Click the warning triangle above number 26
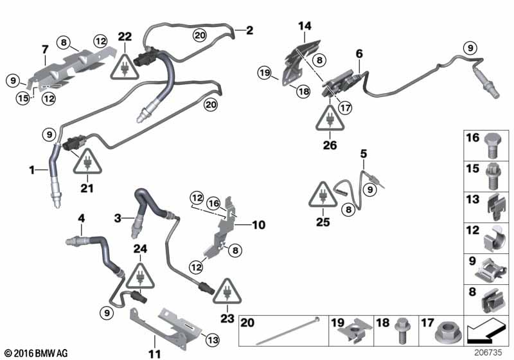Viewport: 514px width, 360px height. pyautogui.click(x=330, y=118)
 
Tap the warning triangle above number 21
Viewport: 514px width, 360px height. pyautogui.click(x=87, y=161)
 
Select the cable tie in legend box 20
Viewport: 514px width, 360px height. pyautogui.click(x=287, y=331)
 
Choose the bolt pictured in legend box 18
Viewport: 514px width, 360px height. pyautogui.click(x=402, y=330)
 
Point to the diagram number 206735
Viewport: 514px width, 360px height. pyautogui.click(x=488, y=353)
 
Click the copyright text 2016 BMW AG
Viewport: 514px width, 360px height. pyautogui.click(x=36, y=353)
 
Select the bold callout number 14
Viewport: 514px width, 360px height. pyautogui.click(x=305, y=26)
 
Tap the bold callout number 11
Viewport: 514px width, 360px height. pyautogui.click(x=155, y=354)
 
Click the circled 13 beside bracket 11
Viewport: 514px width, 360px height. pyautogui.click(x=213, y=340)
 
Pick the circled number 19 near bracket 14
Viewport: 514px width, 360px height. pyautogui.click(x=265, y=73)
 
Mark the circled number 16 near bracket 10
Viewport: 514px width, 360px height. pyautogui.click(x=214, y=204)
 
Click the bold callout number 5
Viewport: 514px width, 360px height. pyautogui.click(x=364, y=154)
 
